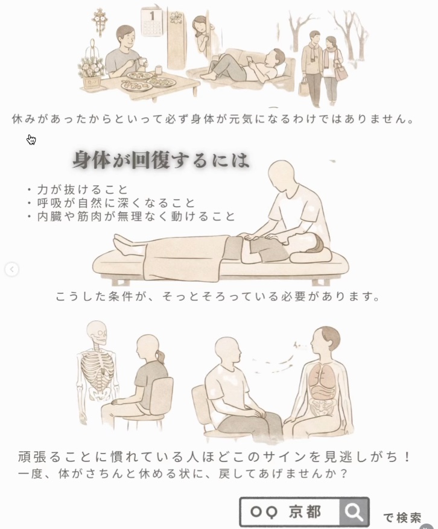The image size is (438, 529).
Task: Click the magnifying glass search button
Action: click(354, 512)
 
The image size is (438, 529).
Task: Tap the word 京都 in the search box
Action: click(305, 512)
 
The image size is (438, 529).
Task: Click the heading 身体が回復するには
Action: click(161, 160)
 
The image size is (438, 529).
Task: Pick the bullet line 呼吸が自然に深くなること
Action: click(112, 203)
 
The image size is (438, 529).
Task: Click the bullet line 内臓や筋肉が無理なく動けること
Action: click(132, 217)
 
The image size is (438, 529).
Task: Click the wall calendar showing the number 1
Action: click(151, 22)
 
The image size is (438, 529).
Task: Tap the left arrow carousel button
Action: click(12, 269)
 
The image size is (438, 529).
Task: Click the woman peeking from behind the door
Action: click(201, 34)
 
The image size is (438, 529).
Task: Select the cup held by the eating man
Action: click(143, 62)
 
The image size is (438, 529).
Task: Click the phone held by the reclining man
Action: click(250, 60)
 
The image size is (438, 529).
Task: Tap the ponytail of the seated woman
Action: click(160, 356)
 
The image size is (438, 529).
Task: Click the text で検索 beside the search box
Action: click(402, 518)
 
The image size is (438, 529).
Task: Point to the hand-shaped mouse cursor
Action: click(31, 139)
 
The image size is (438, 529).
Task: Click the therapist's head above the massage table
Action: click(281, 174)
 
